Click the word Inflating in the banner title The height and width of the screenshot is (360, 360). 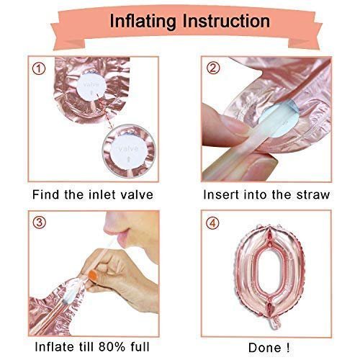point(143,22)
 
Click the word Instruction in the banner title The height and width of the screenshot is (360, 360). point(226,21)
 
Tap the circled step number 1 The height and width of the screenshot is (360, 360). point(39,69)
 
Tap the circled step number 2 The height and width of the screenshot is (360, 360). point(213,68)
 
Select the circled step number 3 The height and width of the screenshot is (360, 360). point(39,222)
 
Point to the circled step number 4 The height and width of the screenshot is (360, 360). point(212,223)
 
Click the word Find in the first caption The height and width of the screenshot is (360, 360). point(46,194)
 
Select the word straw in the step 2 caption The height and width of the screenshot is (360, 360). point(312,194)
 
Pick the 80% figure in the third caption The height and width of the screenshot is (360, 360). point(112,347)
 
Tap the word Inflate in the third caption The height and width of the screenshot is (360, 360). point(53,347)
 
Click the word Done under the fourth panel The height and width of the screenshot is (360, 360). point(265,348)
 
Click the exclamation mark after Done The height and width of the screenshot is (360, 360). point(287,348)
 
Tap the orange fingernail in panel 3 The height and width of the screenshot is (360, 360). point(93,275)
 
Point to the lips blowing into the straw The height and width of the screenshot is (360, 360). point(120,233)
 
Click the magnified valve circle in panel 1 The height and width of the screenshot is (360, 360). point(129,151)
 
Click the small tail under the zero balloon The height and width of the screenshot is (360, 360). point(274,322)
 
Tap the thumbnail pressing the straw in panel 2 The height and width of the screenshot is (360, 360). point(235,125)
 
